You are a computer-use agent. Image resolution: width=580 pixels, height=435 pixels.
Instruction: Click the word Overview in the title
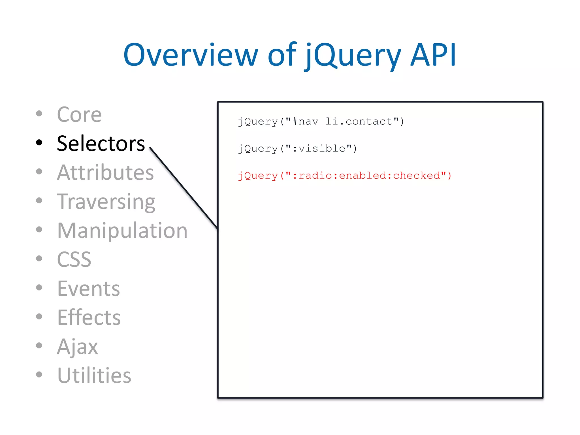click(190, 55)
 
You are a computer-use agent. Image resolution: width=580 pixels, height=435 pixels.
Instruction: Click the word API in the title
click(433, 55)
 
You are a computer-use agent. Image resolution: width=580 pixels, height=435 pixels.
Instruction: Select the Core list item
click(79, 115)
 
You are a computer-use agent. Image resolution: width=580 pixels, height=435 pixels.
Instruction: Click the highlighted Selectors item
click(101, 144)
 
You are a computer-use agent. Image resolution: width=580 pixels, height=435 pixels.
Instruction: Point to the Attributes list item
click(105, 172)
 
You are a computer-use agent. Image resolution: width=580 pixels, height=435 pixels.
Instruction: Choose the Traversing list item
click(106, 202)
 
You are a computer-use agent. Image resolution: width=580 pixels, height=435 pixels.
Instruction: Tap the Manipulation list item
click(122, 231)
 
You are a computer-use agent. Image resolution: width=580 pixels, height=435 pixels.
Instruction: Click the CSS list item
click(74, 259)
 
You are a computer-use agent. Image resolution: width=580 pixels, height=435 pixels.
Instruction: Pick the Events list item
click(89, 289)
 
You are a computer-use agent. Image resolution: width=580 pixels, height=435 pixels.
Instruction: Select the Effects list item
click(89, 317)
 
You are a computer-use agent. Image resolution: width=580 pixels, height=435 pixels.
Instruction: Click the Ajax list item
click(78, 346)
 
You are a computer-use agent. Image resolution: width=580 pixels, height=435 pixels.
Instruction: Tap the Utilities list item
click(94, 376)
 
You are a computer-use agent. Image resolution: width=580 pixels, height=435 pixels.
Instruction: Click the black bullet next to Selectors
click(39, 143)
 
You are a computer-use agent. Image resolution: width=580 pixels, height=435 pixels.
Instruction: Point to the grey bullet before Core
click(39, 114)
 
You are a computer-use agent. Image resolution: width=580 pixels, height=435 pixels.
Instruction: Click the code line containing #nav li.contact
click(321, 121)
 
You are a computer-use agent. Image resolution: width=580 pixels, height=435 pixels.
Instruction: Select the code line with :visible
click(297, 148)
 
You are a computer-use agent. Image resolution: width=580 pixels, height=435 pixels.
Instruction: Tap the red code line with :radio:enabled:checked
click(344, 176)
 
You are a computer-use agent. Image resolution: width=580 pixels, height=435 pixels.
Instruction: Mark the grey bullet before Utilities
click(39, 374)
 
